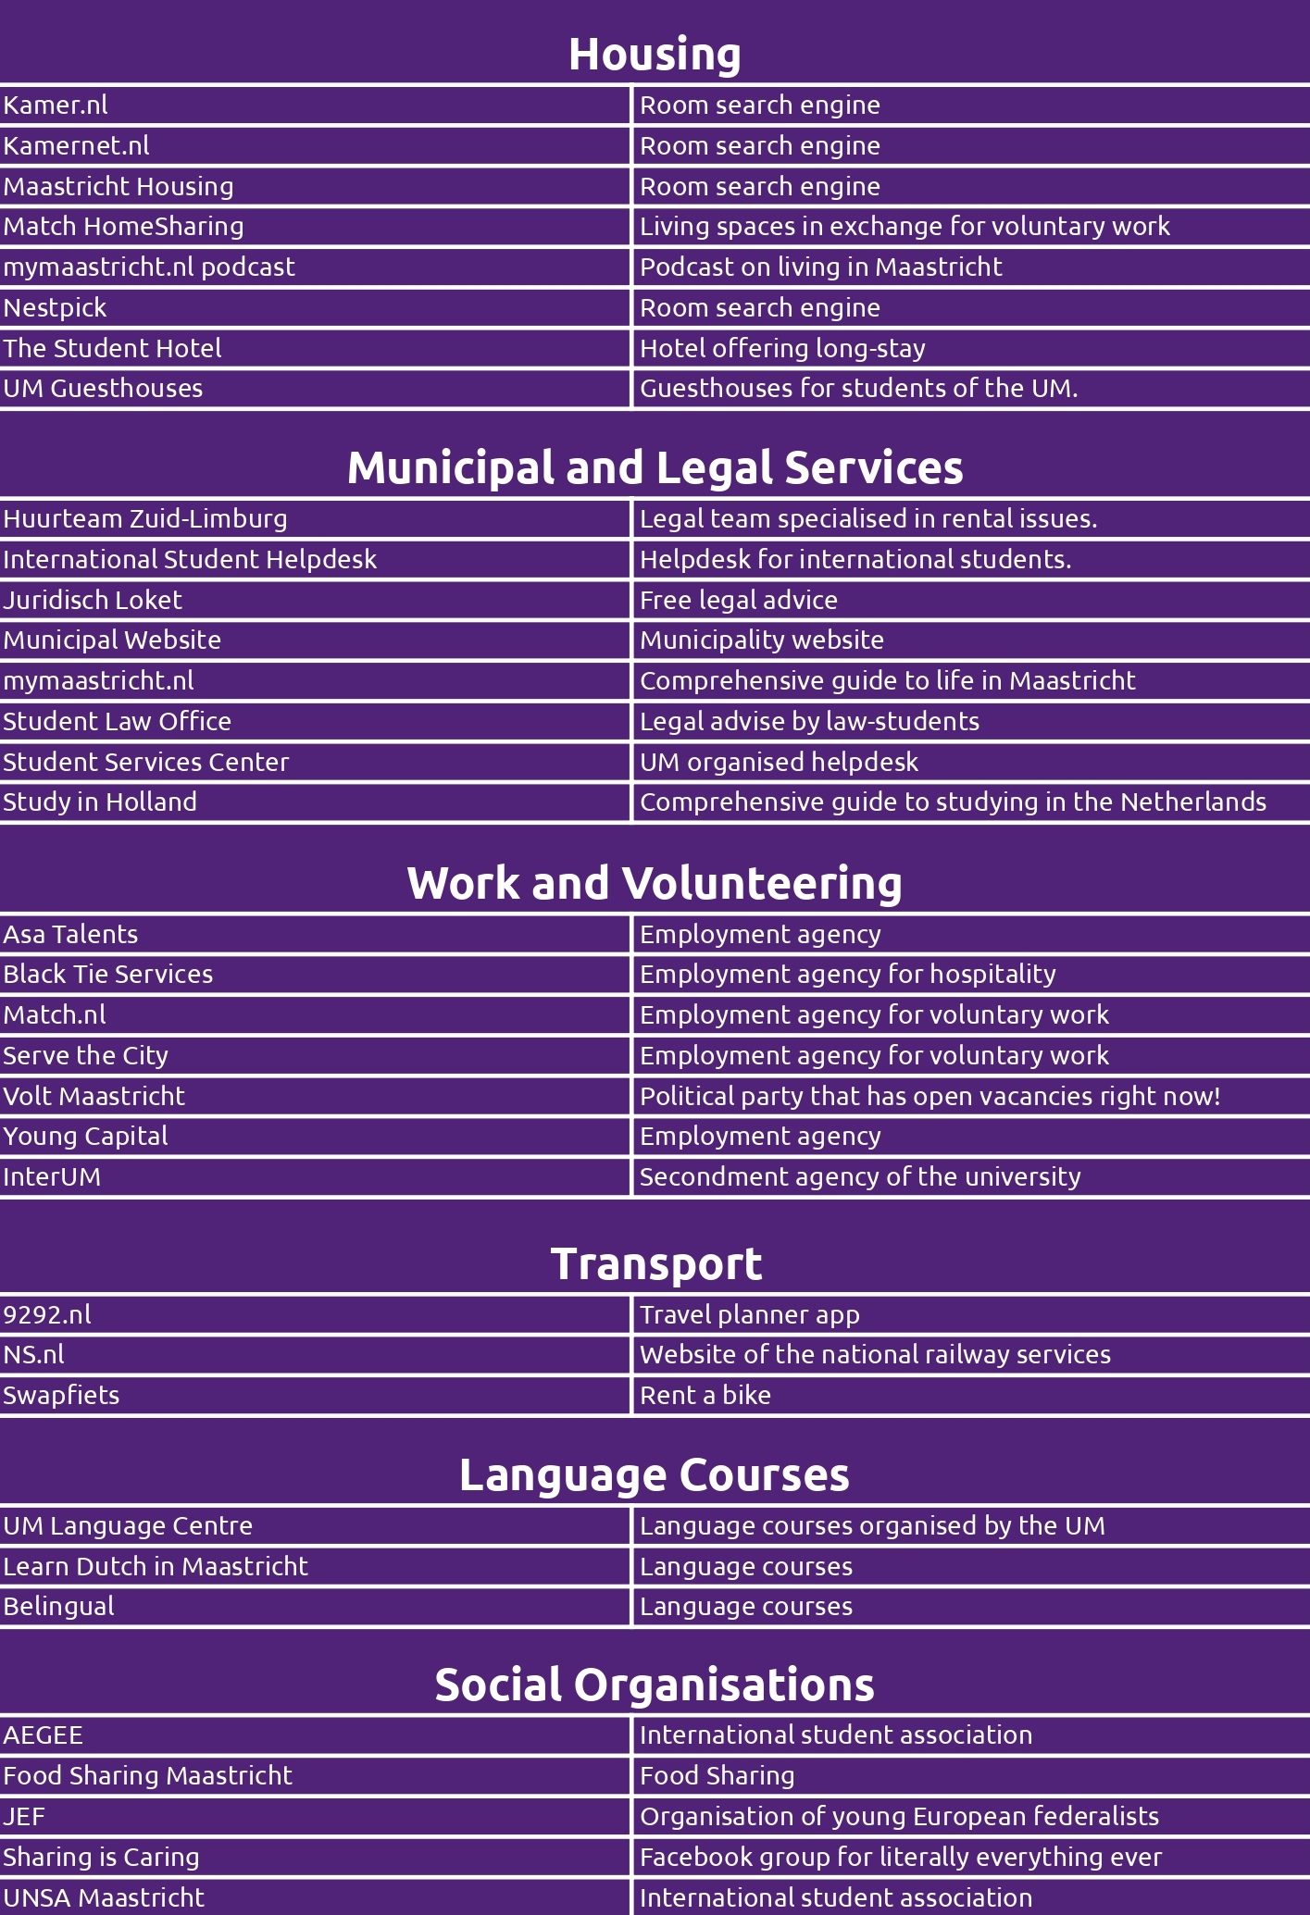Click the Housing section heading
[x=655, y=54]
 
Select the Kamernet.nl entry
[x=76, y=146]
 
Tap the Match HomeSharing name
[x=123, y=227]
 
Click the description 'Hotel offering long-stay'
[x=782, y=349]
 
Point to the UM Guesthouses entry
[x=103, y=389]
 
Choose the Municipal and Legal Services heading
[x=655, y=467]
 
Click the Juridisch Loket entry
[x=93, y=601]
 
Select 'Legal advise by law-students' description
[x=809, y=722]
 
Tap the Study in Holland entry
[x=100, y=802]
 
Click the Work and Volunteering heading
[x=655, y=883]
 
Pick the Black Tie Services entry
[x=107, y=975]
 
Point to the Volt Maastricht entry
[x=94, y=1097]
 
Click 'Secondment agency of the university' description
[x=860, y=1177]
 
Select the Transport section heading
[x=655, y=1263]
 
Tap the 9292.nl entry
[x=47, y=1315]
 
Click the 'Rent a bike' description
[x=705, y=1396]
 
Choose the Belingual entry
[x=58, y=1607]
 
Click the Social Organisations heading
[x=655, y=1685]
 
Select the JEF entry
[x=24, y=1817]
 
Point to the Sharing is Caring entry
[x=101, y=1858]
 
